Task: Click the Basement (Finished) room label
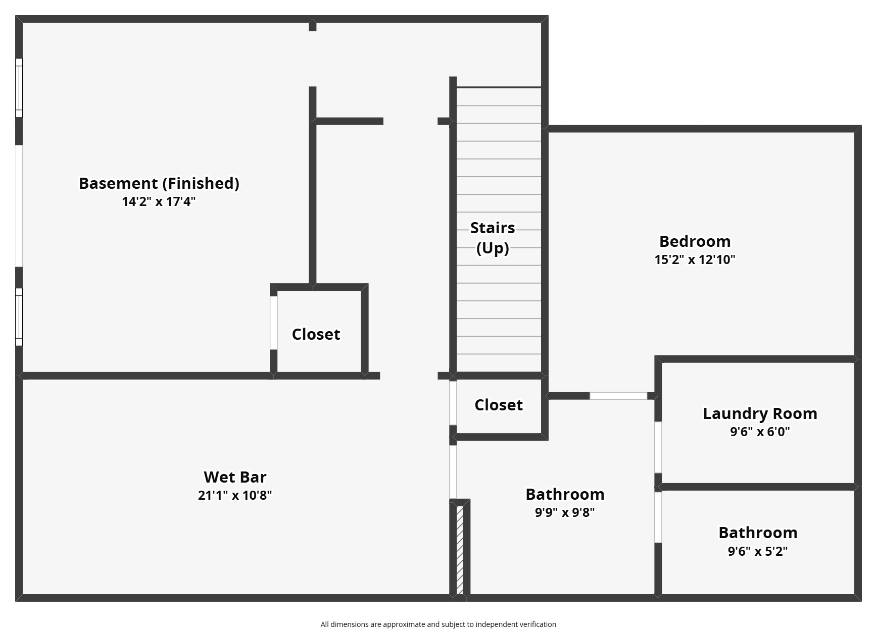(x=159, y=183)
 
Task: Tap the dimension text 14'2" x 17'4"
(x=159, y=201)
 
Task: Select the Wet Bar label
(x=235, y=477)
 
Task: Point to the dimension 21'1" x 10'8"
(x=235, y=495)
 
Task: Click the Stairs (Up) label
(x=493, y=238)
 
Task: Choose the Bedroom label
(x=695, y=241)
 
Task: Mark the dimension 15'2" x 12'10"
(x=695, y=259)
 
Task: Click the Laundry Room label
(x=760, y=413)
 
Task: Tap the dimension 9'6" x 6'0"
(x=760, y=432)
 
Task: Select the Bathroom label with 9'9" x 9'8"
(x=565, y=494)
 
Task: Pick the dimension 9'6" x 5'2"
(x=757, y=551)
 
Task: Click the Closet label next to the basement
(x=316, y=334)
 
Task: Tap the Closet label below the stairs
(x=498, y=405)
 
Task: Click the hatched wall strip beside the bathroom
(x=460, y=550)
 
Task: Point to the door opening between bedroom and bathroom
(x=618, y=396)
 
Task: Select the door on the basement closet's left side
(x=273, y=323)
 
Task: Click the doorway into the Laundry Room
(x=658, y=447)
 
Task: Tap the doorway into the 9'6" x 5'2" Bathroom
(x=658, y=517)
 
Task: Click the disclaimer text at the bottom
(x=438, y=624)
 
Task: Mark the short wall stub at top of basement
(x=313, y=26)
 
